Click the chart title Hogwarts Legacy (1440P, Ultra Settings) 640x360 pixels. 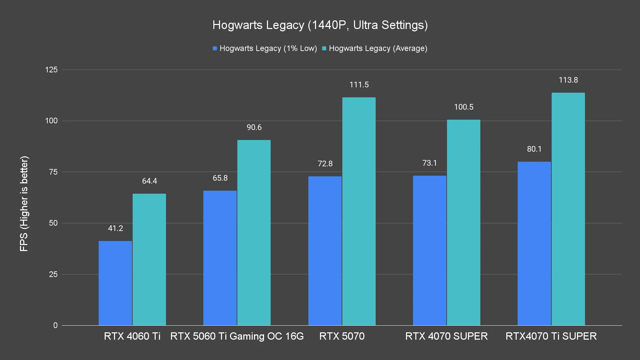pyautogui.click(x=320, y=25)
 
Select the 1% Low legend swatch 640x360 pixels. pyautogui.click(x=215, y=48)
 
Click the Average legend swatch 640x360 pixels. pyautogui.click(x=324, y=48)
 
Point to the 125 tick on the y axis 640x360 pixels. pyautogui.click(x=51, y=70)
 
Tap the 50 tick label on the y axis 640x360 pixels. pyautogui.click(x=53, y=223)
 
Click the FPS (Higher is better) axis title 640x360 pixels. pyautogui.click(x=24, y=203)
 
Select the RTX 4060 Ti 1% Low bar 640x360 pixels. pyautogui.click(x=115, y=283)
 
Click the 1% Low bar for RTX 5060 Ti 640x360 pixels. pyautogui.click(x=220, y=258)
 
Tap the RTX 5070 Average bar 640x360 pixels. pyautogui.click(x=359, y=211)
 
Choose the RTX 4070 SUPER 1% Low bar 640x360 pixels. pyautogui.click(x=430, y=250)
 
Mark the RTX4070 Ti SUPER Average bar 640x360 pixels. pyautogui.click(x=568, y=209)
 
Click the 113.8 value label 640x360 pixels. pyautogui.click(x=568, y=80)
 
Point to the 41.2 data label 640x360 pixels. pyautogui.click(x=115, y=228)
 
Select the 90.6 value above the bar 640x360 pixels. pyautogui.click(x=254, y=127)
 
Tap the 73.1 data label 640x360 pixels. pyautogui.click(x=430, y=163)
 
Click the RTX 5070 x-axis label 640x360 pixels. pyautogui.click(x=342, y=336)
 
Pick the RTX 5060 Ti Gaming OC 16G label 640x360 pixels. pyautogui.click(x=237, y=336)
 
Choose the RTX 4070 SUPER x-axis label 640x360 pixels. pyautogui.click(x=446, y=336)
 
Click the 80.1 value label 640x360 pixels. pyautogui.click(x=534, y=149)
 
